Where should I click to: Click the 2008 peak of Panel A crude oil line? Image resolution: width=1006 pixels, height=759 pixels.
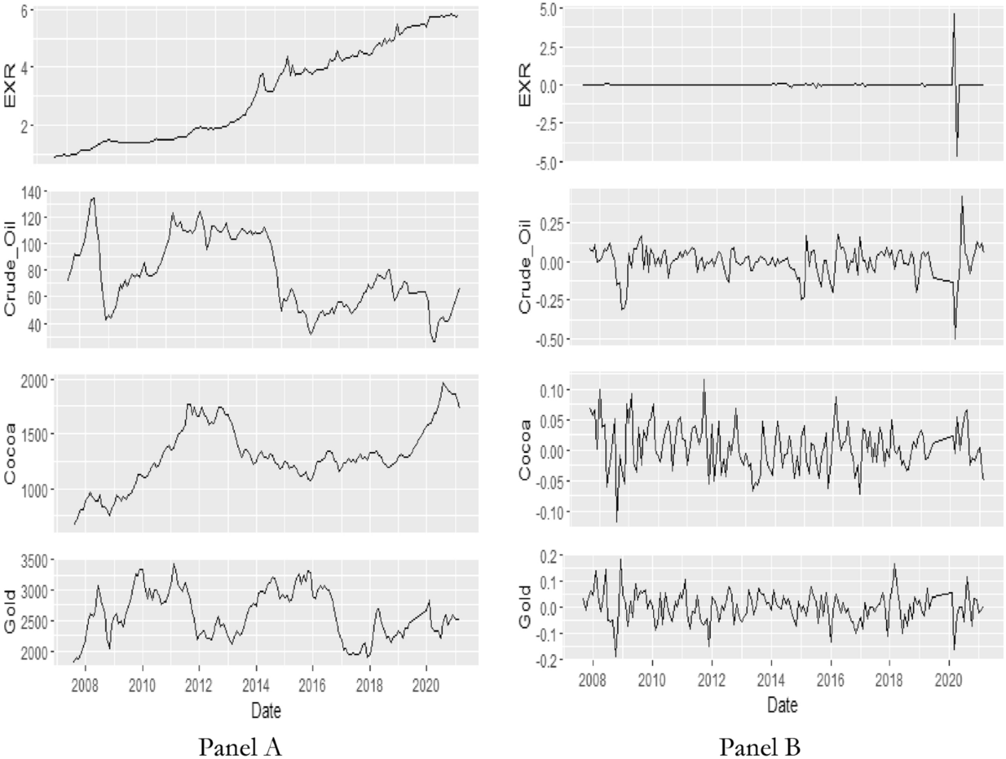click(93, 198)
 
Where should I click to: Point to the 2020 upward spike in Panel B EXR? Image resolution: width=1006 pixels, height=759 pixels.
click(954, 13)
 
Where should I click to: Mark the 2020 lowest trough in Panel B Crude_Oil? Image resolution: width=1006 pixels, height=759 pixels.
click(956, 338)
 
